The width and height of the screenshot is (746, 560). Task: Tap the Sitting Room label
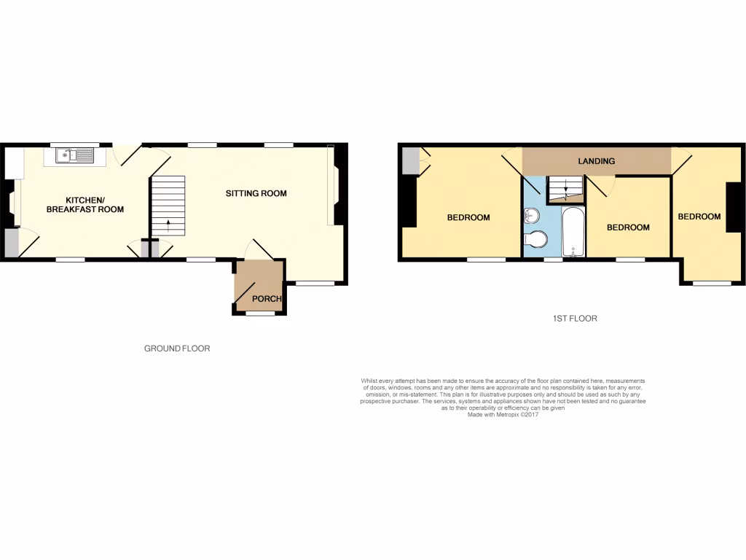coord(256,193)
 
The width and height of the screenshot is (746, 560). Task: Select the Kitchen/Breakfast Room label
coord(85,204)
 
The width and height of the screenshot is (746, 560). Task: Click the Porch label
coord(266,299)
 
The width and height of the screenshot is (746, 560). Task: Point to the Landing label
coord(597,161)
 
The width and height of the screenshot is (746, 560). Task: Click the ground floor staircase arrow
coord(168,224)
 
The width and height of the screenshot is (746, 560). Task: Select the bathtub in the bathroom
coord(573,232)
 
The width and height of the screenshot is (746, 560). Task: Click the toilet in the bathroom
coord(536,239)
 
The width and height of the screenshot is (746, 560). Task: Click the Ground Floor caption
coord(177,349)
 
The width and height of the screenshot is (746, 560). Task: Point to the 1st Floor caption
coord(576,318)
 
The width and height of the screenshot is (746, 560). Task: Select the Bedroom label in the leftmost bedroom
coord(468,217)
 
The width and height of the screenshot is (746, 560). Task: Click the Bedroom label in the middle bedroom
coord(628,227)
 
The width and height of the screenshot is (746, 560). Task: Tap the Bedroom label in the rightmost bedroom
coord(699,217)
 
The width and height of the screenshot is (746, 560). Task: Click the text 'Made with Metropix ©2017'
coord(503,414)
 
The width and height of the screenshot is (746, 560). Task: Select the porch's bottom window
coord(259,314)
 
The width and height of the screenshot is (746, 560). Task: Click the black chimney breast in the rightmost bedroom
coord(729,207)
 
